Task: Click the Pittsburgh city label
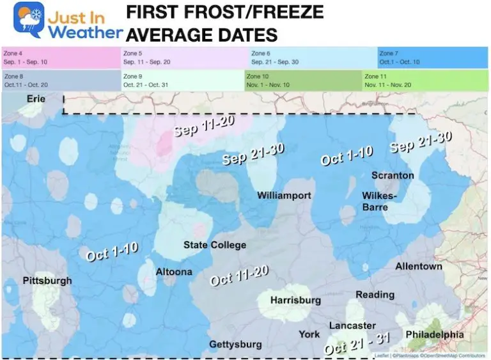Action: pos(47,281)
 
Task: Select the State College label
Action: pos(215,245)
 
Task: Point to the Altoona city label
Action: pos(174,272)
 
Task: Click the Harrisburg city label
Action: pos(295,300)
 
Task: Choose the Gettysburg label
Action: pos(235,345)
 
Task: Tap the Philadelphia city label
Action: pos(434,334)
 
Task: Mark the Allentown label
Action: pos(418,266)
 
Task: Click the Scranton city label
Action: pos(393,175)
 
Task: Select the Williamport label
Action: pos(284,195)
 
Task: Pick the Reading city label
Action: pos(375,295)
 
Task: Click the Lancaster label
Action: pos(352,325)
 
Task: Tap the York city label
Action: pos(309,334)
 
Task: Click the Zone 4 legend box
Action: pos(61,58)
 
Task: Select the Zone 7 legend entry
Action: pos(433,58)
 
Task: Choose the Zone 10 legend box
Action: pos(302,80)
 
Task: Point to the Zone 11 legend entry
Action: pos(425,80)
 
